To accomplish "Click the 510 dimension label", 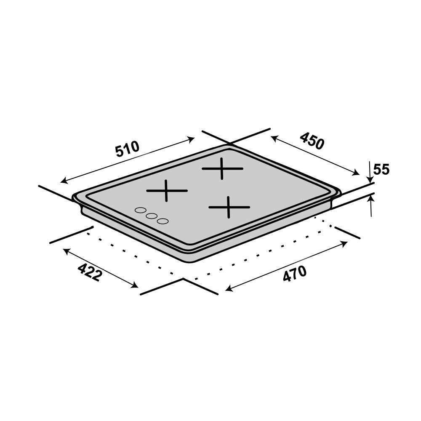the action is (x=128, y=149).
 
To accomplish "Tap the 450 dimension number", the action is (x=312, y=141).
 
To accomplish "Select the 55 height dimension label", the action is (x=381, y=170).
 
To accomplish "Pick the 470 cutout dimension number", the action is (x=295, y=274).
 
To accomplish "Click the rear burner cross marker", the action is (x=222, y=169).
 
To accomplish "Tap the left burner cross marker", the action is (x=167, y=191).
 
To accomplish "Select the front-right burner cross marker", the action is (x=229, y=207).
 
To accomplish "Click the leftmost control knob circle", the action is (x=140, y=210).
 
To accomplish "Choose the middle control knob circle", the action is (x=152, y=216).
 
